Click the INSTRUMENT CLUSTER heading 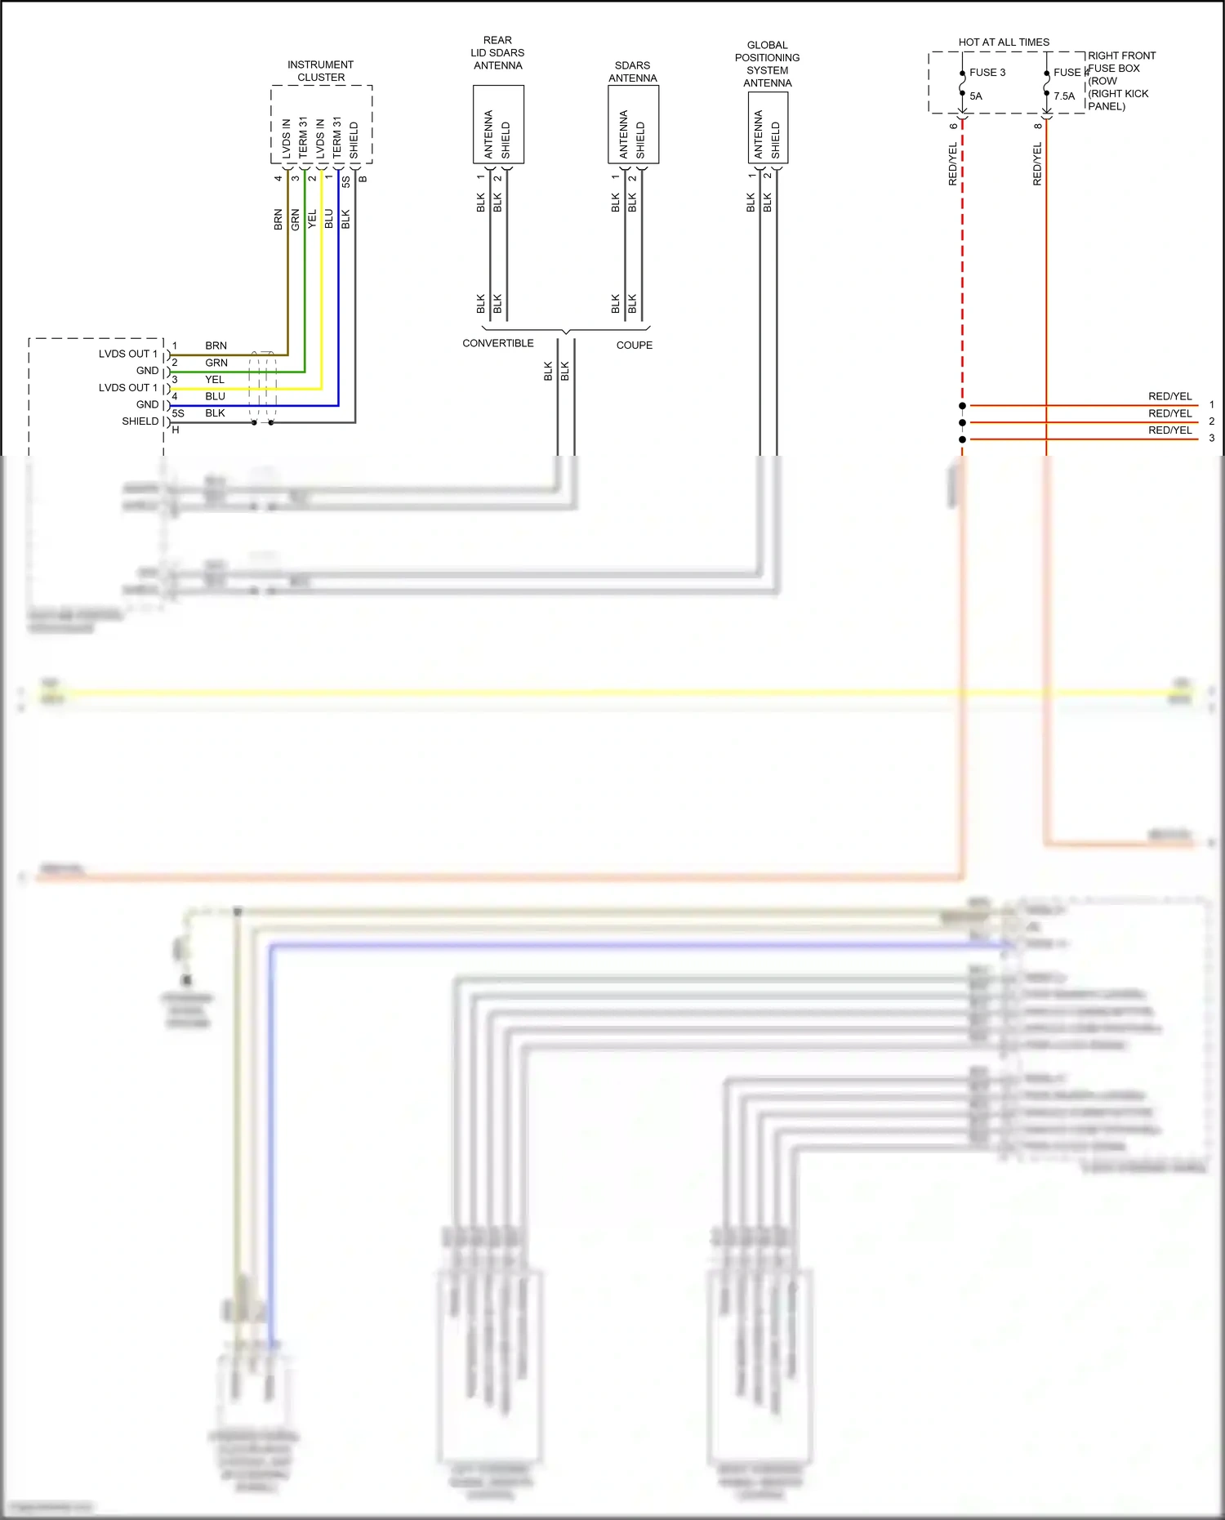click(x=321, y=71)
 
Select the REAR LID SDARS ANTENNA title click(x=497, y=53)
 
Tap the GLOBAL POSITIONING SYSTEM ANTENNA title click(x=767, y=64)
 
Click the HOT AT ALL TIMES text click(x=1004, y=42)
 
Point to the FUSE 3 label click(x=987, y=73)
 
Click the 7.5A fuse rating click(x=1064, y=96)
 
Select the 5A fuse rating click(x=976, y=96)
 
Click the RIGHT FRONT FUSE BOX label click(x=1120, y=80)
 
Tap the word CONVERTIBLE click(x=497, y=343)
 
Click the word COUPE click(x=634, y=345)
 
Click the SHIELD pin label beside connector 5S click(x=140, y=421)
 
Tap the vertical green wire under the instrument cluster click(x=305, y=270)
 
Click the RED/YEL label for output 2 click(x=1169, y=413)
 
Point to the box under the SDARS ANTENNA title click(x=633, y=125)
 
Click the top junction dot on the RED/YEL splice click(x=962, y=405)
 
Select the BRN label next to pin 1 click(x=216, y=345)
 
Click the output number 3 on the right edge click(x=1211, y=439)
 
